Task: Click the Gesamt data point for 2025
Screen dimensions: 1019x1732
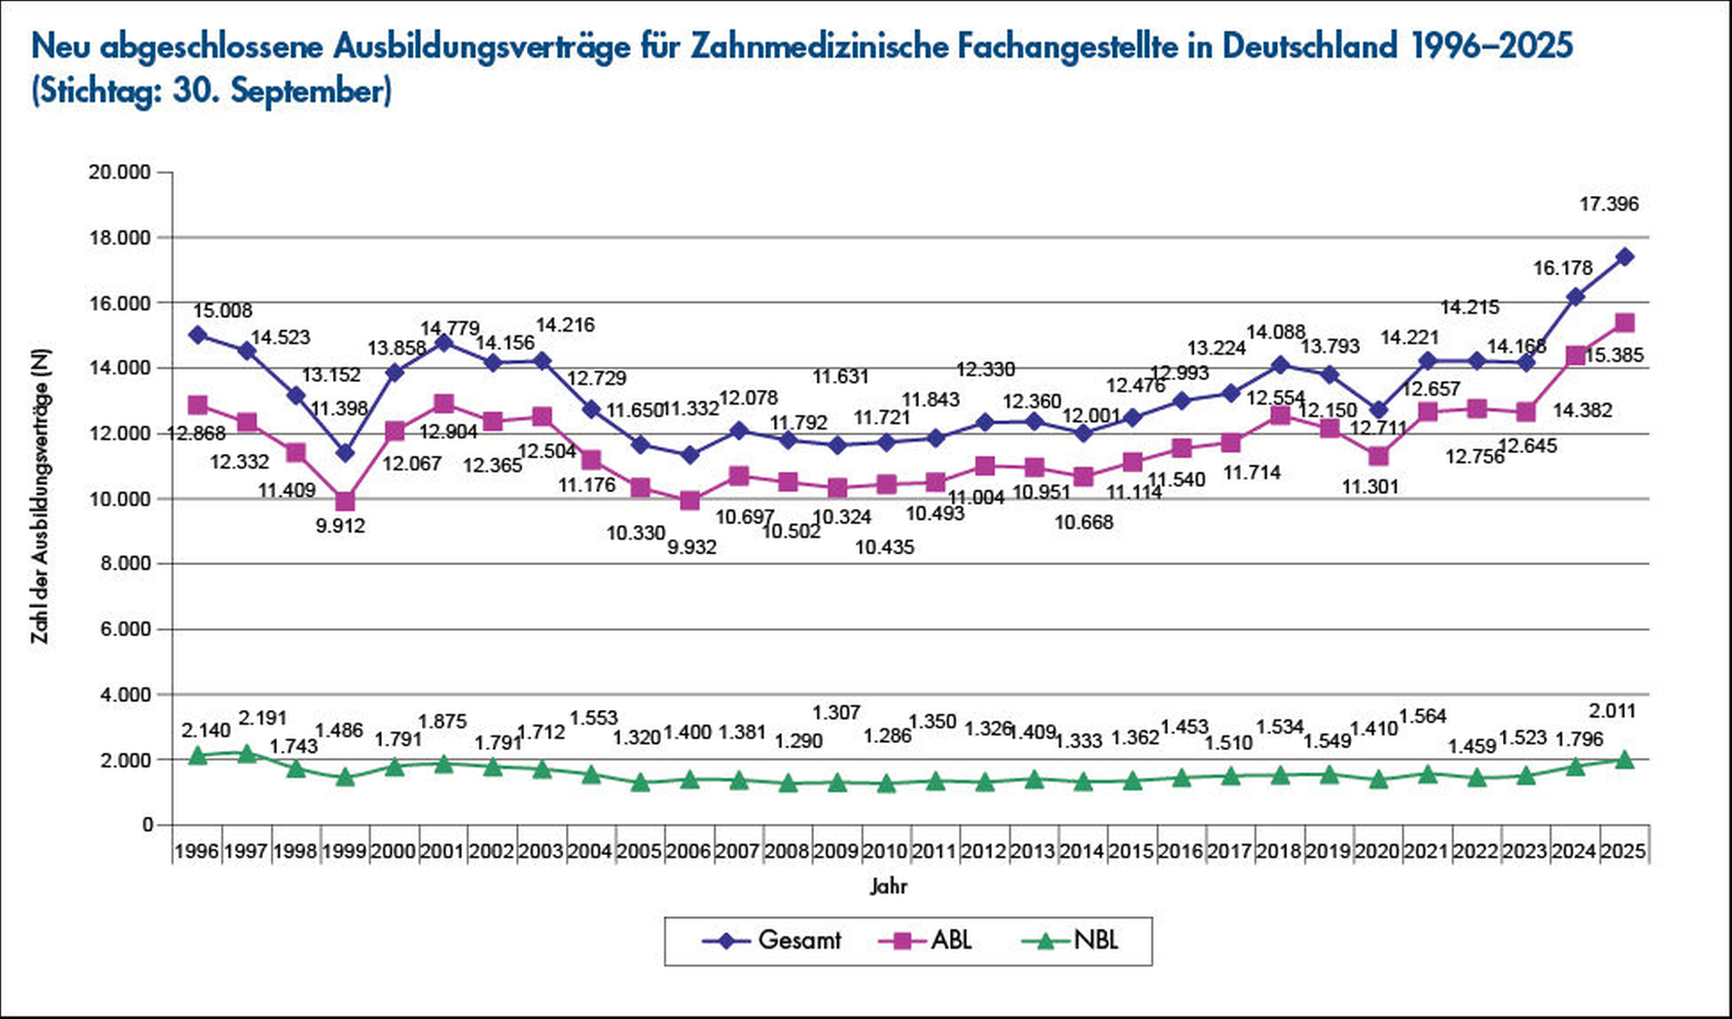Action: pyautogui.click(x=1624, y=257)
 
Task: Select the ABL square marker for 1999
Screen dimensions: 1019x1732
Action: pyautogui.click(x=345, y=501)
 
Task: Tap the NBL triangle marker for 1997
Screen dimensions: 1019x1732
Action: pyautogui.click(x=246, y=754)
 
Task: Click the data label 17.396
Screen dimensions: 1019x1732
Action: pyautogui.click(x=1609, y=204)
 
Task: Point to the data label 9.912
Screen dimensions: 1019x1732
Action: pyautogui.click(x=340, y=526)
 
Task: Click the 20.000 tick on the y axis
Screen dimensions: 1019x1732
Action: pyautogui.click(x=119, y=172)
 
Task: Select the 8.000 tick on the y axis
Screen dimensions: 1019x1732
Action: pyautogui.click(x=122, y=564)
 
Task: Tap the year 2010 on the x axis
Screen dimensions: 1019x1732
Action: pyautogui.click(x=886, y=851)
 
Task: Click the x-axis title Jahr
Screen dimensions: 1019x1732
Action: pyautogui.click(x=888, y=886)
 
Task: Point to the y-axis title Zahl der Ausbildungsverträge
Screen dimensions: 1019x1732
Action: pyautogui.click(x=40, y=497)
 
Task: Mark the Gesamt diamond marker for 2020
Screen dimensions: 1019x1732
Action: pyautogui.click(x=1378, y=410)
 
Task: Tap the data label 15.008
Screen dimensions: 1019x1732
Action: pyautogui.click(x=222, y=312)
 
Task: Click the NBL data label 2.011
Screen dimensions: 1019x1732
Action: pyautogui.click(x=1612, y=712)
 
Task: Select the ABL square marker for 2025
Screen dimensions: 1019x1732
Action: pyautogui.click(x=1624, y=323)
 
